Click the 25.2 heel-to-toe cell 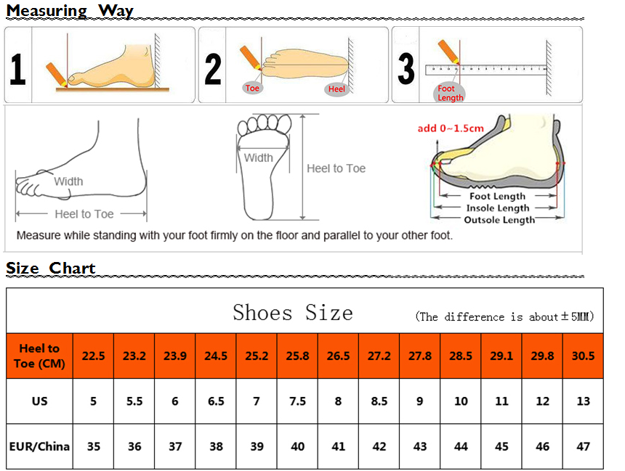point(257,356)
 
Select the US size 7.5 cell point(297,401)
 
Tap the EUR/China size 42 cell point(379,446)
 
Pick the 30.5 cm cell point(583,356)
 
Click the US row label point(39,401)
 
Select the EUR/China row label point(39,446)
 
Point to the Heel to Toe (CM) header point(39,356)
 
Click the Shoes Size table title point(293,313)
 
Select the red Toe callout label point(252,88)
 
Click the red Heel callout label point(336,89)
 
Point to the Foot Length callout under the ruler point(450,93)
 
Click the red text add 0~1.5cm point(451,128)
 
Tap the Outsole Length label point(499,220)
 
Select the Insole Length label point(498,208)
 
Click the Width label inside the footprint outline point(258,158)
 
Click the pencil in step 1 point(57,74)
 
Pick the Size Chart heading point(51,268)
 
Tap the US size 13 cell point(583,401)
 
